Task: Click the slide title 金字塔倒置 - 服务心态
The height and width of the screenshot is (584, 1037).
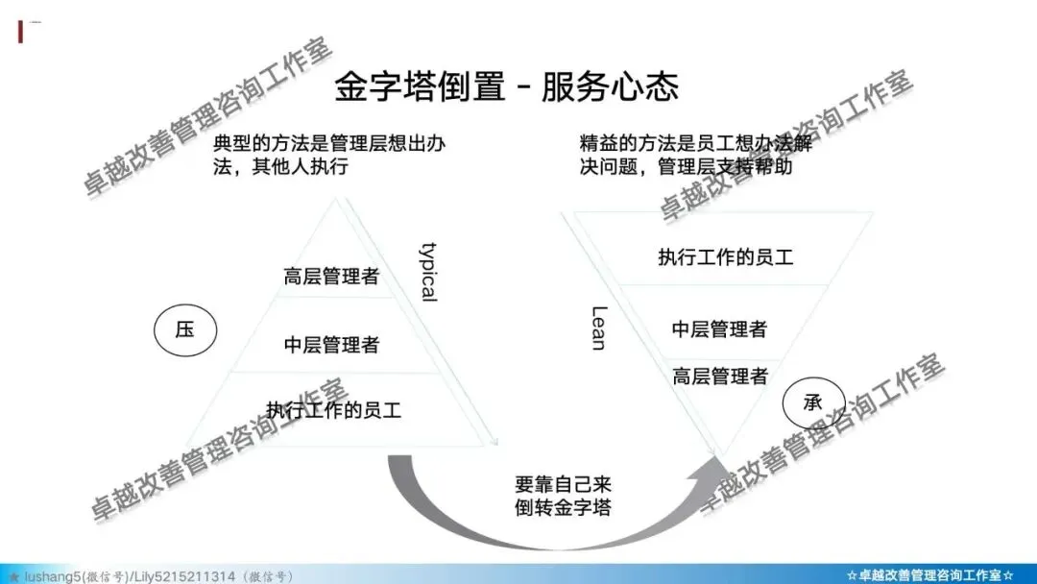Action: (506, 87)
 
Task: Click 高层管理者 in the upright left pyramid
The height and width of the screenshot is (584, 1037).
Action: (331, 278)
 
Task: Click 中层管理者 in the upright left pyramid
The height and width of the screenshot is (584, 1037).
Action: (331, 345)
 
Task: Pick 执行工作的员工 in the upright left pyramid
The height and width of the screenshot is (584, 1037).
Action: (333, 411)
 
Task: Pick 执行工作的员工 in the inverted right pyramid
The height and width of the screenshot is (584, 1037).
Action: (726, 257)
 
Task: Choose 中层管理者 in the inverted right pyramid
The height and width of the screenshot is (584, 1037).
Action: (719, 329)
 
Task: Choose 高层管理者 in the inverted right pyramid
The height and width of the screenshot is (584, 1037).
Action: (720, 377)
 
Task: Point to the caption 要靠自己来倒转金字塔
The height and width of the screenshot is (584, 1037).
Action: (562, 495)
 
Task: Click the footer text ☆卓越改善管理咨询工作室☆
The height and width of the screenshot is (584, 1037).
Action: (930, 574)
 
